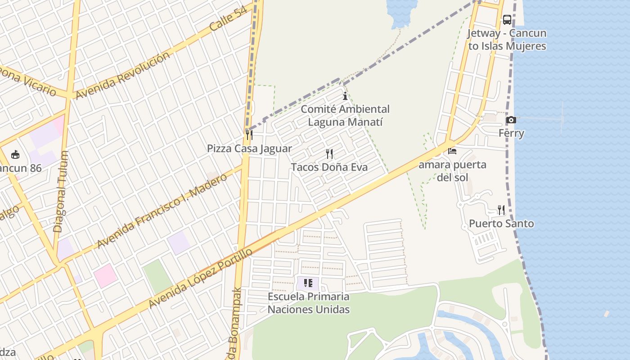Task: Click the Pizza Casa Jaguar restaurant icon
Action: [249, 135]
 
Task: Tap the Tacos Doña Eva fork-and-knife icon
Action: [329, 154]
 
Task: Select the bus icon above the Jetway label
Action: [507, 20]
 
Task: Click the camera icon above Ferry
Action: [511, 120]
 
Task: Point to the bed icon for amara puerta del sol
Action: [452, 151]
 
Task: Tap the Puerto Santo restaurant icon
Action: [501, 210]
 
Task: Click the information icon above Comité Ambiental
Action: [345, 96]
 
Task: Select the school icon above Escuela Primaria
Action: [308, 283]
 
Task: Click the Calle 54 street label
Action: [229, 19]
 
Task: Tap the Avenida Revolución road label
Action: [122, 75]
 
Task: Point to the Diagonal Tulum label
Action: [61, 191]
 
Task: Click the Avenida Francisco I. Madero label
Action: [162, 211]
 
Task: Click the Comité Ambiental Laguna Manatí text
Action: [345, 115]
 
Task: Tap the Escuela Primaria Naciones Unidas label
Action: [309, 303]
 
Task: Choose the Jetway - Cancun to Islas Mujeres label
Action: [507, 40]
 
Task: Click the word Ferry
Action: [511, 133]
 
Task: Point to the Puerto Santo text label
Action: [501, 224]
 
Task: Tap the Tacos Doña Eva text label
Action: [329, 167]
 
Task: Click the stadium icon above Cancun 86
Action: [15, 155]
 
